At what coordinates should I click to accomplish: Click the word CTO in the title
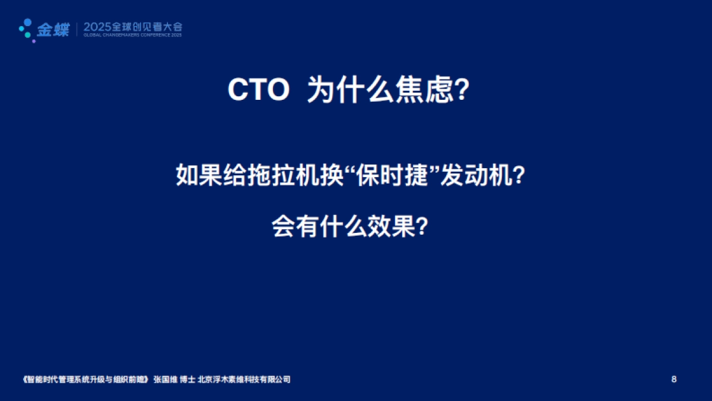[259, 91]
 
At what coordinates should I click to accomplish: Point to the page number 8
[673, 379]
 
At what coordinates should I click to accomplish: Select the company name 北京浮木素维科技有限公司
[244, 379]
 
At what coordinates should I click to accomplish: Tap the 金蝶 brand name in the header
[53, 29]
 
